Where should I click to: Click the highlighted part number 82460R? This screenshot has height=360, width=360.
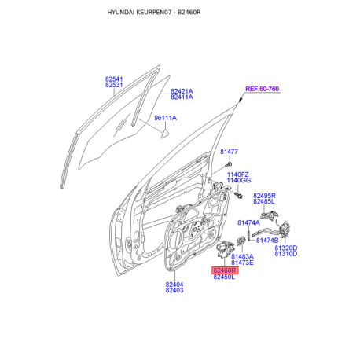225,270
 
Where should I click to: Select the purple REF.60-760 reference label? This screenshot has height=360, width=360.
262,89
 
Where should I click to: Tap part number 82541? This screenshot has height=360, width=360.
114,79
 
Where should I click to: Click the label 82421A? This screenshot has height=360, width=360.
182,91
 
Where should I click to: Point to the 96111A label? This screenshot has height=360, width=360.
165,118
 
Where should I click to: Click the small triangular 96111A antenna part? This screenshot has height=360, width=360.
164,134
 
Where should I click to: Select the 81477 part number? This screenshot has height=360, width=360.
229,152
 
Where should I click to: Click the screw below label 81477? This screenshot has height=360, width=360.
228,165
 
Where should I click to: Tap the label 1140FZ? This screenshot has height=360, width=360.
237,174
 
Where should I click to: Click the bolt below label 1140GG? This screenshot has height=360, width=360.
238,195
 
